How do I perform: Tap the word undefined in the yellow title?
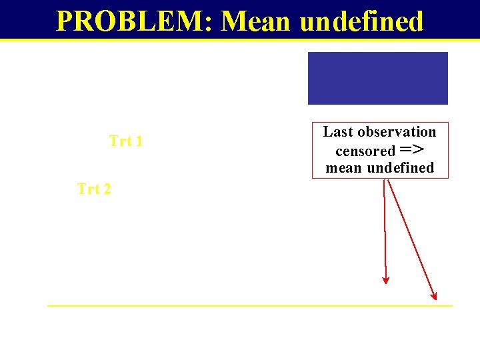[361, 21]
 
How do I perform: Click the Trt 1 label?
[125, 141]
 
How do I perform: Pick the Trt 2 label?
[94, 189]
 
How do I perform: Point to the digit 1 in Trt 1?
[138, 141]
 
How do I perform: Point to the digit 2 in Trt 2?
[107, 189]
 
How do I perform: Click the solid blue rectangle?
[377, 78]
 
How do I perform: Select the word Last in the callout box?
[337, 132]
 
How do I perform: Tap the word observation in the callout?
[396, 132]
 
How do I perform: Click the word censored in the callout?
[365, 151]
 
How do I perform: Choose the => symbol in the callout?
[412, 149]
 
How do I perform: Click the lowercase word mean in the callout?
[343, 168]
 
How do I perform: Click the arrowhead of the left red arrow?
[385, 279]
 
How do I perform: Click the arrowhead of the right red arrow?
[434, 295]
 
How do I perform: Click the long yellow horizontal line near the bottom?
[249, 305]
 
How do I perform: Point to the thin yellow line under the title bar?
[240, 40]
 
